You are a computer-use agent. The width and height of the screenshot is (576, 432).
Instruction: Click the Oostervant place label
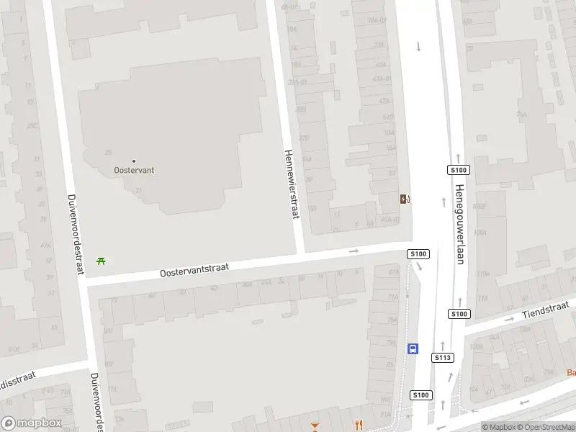coord(135,171)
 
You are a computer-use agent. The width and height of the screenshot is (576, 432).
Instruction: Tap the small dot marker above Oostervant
coord(134,161)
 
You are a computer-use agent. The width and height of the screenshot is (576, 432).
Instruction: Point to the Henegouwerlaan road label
coord(459,224)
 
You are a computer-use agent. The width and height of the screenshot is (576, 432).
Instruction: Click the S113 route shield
coord(443,357)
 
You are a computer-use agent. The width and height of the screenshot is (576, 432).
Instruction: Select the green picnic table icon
coord(102,261)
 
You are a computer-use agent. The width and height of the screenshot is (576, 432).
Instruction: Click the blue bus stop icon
coord(413,348)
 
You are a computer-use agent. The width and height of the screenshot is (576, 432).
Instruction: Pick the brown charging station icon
coord(405,199)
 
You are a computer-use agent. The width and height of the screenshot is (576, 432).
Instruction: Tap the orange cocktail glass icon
coord(315,426)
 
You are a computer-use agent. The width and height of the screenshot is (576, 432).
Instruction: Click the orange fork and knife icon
coord(357,425)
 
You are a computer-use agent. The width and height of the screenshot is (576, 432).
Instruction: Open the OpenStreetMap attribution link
coord(545,427)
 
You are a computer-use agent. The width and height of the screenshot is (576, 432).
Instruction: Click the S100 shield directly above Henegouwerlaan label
coord(459,170)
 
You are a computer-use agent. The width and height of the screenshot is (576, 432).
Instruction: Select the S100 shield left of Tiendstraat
coord(459,314)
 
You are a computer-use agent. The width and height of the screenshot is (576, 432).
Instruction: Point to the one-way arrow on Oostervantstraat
coord(354,251)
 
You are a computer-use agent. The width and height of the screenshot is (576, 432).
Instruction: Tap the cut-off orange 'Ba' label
coord(571,372)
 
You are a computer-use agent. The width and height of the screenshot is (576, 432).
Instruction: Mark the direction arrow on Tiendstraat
coord(510,318)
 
